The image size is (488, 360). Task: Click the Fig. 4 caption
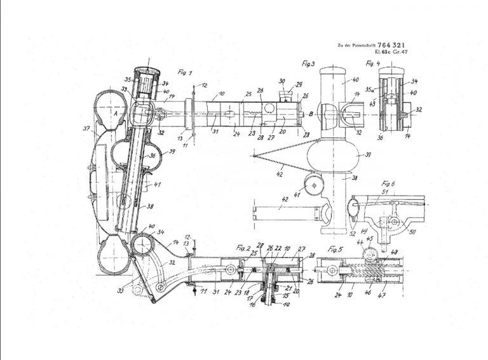372,63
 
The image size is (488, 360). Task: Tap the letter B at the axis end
309,114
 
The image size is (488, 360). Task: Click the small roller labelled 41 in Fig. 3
312,185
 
